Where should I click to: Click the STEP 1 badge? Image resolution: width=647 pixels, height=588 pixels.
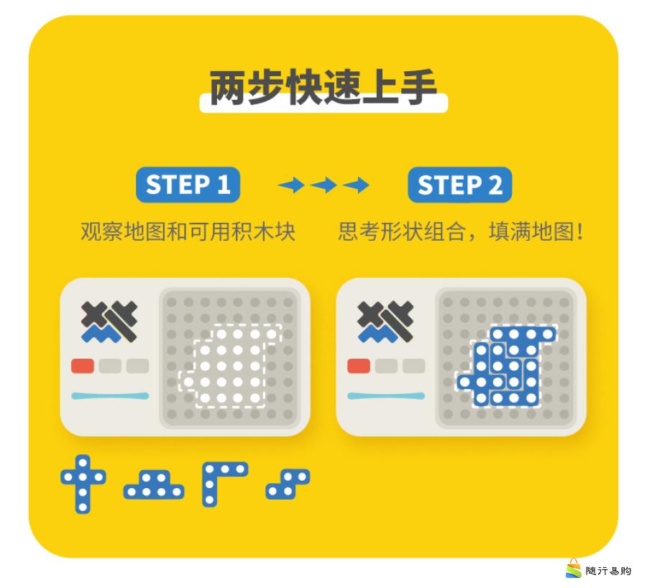tap(188, 185)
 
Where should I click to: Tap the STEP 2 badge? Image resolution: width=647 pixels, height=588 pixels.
tap(459, 185)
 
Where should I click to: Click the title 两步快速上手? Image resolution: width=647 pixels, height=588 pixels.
tap(323, 88)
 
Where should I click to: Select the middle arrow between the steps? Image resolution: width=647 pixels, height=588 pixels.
tap(323, 185)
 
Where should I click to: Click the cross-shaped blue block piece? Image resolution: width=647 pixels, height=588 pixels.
tap(83, 484)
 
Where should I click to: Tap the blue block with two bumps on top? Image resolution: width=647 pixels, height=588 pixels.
tap(154, 484)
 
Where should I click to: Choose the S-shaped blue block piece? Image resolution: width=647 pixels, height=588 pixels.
tap(288, 484)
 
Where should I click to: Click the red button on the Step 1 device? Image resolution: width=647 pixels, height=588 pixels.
tap(83, 366)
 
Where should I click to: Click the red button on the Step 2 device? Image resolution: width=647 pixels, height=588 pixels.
tap(359, 366)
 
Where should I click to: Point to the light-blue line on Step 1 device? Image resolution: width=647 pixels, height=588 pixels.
tap(110, 396)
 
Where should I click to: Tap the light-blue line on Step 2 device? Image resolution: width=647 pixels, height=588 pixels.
tap(386, 396)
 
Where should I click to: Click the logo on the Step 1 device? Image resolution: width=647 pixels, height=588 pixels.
tap(109, 322)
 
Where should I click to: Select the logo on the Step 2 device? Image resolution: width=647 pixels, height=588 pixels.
tap(385, 322)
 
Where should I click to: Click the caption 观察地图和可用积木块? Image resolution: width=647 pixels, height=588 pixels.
tap(188, 231)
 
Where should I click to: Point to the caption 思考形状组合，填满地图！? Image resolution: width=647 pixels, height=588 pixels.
tap(461, 231)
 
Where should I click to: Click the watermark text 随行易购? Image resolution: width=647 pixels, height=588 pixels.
tap(608, 571)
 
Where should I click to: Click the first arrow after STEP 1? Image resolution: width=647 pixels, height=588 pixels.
tap(291, 185)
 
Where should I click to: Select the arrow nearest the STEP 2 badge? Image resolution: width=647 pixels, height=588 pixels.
tap(356, 185)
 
